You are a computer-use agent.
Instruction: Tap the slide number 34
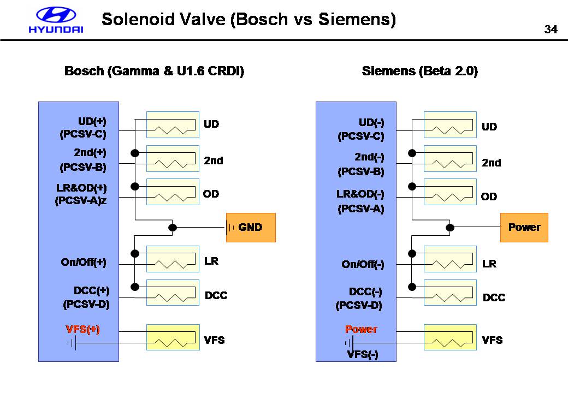click(551, 29)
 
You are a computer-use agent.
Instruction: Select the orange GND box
click(251, 227)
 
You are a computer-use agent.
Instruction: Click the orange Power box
click(524, 227)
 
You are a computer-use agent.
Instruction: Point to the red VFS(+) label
click(82, 329)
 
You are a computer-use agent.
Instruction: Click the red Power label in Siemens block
click(361, 329)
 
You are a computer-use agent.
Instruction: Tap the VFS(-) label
click(363, 354)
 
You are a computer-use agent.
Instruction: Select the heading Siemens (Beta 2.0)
click(419, 72)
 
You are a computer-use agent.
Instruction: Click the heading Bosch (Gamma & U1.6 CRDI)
click(154, 72)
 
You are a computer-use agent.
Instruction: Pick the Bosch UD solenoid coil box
click(173, 125)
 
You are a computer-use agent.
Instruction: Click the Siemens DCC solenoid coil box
click(450, 293)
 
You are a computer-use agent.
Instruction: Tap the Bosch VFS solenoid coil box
click(173, 337)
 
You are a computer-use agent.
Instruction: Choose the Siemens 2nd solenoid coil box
click(450, 159)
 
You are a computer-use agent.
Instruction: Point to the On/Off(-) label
click(363, 265)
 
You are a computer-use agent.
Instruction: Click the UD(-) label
click(372, 122)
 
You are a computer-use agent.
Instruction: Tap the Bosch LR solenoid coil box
click(173, 259)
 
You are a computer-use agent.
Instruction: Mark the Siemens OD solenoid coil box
click(450, 192)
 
